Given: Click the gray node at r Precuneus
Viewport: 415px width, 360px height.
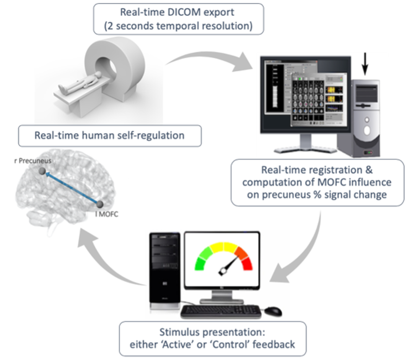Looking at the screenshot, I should (41, 171).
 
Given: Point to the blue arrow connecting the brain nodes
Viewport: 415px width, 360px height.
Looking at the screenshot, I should (70, 188).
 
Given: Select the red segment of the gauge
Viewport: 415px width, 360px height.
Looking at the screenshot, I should (246, 263).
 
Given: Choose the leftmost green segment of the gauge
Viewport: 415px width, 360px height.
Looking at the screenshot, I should (200, 263).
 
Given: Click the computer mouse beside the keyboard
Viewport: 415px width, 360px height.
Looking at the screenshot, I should (273, 311).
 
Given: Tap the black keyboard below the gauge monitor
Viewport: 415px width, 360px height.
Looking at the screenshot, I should (220, 311).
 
